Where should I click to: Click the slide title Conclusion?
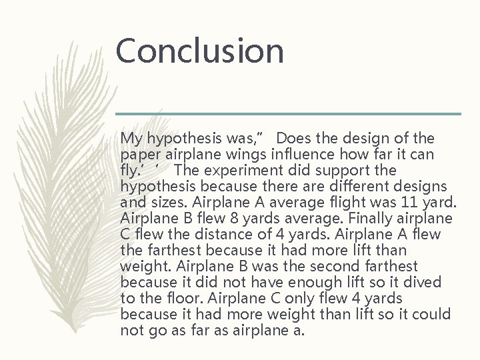coord(199,51)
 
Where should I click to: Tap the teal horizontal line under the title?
coord(288,113)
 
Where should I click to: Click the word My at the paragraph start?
coord(131,139)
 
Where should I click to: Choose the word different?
coord(359,187)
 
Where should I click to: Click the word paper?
coord(137,155)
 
